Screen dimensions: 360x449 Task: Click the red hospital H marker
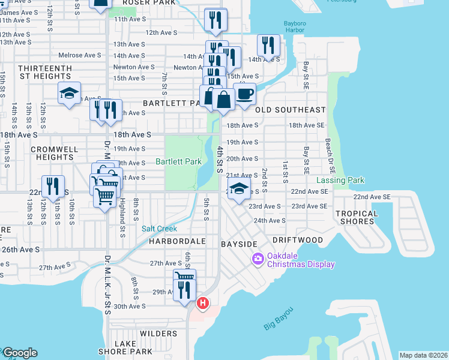coord(203,304)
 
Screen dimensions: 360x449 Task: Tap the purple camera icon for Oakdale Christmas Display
coord(258,259)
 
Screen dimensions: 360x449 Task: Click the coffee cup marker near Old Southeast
coord(244,94)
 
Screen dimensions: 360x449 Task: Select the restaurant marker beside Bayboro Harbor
coord(268,46)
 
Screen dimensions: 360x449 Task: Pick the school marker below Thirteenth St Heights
coord(69,93)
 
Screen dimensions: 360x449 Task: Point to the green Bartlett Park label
coord(178,161)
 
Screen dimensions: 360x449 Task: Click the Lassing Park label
coord(340,180)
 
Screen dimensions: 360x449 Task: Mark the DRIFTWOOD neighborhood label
coord(297,240)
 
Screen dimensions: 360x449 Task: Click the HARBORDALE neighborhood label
coord(177,241)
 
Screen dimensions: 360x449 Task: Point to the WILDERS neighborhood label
coord(158,333)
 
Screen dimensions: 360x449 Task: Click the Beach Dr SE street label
coord(328,154)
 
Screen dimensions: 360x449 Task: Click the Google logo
coord(19,353)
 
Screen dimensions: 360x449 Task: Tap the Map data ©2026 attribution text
coord(423,355)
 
